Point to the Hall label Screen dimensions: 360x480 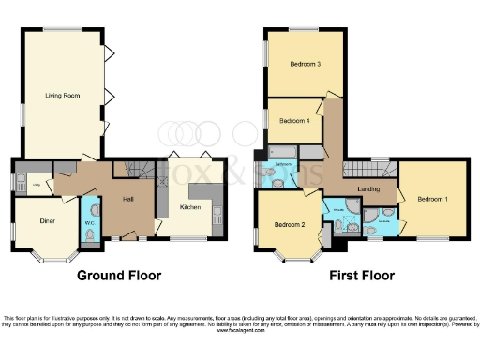pos(130,199)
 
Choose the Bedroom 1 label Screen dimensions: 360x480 pos(432,199)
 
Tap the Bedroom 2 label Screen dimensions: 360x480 pos(290,225)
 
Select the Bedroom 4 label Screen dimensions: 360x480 pos(294,120)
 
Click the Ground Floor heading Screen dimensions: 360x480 pos(120,276)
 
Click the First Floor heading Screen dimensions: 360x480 pos(362,276)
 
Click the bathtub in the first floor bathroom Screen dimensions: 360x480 pos(282,151)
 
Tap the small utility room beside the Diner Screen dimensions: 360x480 pos(36,184)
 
